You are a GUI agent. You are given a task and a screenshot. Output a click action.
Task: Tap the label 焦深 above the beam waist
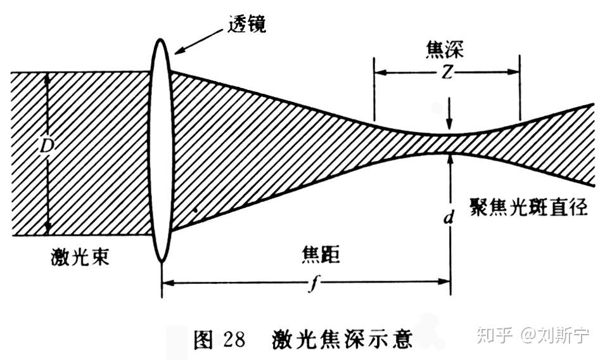pos(445,50)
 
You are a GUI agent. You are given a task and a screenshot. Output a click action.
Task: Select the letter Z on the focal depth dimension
pos(447,72)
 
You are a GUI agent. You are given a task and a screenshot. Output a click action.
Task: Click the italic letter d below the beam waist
pos(448,217)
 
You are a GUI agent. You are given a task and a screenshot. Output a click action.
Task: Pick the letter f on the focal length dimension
pos(314,284)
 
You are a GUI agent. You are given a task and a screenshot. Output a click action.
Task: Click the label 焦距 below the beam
pos(321,255)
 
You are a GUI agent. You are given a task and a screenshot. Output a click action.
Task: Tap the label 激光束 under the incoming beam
pos(80,257)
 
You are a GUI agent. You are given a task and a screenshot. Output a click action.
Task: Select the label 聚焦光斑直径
pos(528,207)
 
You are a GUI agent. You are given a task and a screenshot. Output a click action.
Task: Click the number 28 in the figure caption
pos(234,339)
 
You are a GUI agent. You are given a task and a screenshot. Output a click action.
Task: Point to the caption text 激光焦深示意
pos(342,339)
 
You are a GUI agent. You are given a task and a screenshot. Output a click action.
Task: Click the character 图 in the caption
pos(203,340)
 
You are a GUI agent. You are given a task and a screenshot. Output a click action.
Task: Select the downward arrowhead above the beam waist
pos(449,124)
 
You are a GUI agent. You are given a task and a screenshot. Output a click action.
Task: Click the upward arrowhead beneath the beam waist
pos(450,159)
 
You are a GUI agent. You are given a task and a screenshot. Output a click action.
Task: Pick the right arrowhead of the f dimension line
pos(444,281)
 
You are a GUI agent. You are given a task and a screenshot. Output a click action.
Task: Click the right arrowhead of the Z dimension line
pos(514,72)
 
